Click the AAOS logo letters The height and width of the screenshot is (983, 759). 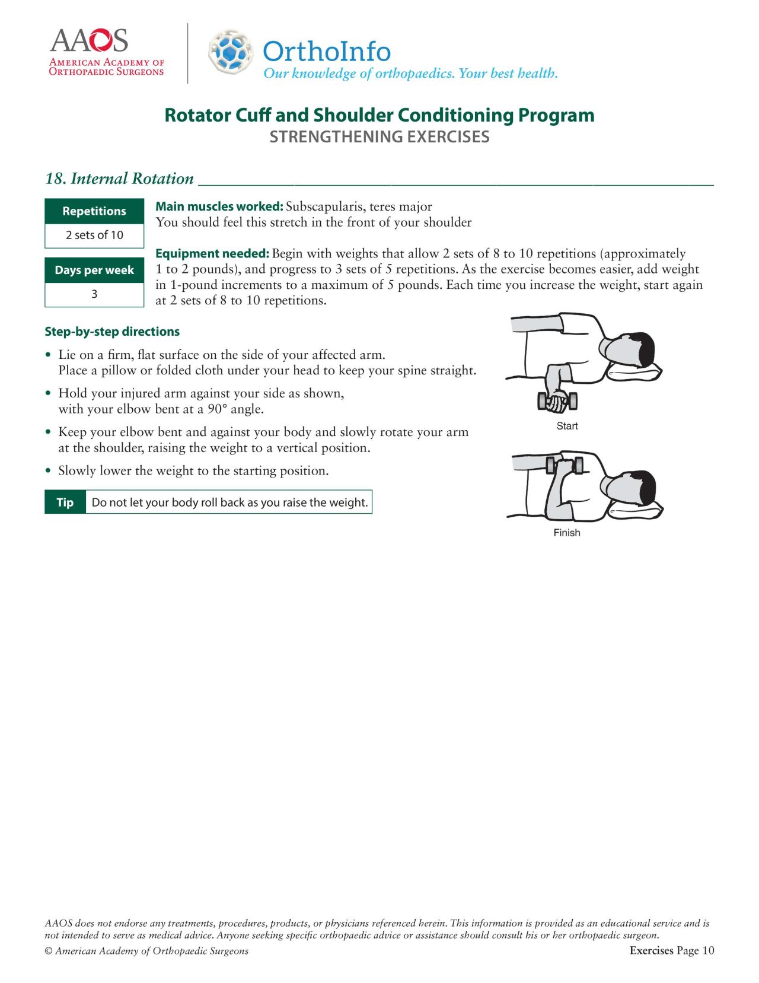[x=89, y=40]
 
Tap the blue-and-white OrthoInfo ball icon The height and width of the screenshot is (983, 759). [x=230, y=52]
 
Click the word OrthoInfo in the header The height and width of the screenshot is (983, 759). [x=326, y=51]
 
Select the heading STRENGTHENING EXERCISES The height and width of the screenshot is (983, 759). [x=379, y=136]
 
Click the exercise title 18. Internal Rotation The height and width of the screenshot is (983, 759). [x=119, y=178]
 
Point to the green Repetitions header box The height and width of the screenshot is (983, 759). [x=94, y=211]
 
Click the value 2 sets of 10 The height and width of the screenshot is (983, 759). [x=94, y=235]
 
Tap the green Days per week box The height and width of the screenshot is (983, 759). [x=94, y=270]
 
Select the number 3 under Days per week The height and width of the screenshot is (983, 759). [x=94, y=294]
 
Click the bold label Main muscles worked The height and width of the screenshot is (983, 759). [x=219, y=206]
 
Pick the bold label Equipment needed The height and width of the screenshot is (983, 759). [x=212, y=253]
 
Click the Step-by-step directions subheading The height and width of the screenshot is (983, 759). [x=112, y=332]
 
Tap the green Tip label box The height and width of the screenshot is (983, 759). [x=65, y=502]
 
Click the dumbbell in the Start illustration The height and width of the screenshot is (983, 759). [x=557, y=401]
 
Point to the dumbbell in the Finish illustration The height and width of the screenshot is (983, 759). [x=565, y=466]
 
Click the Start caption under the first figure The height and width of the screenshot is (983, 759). [x=567, y=426]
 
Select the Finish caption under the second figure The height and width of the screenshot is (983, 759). [x=567, y=533]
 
